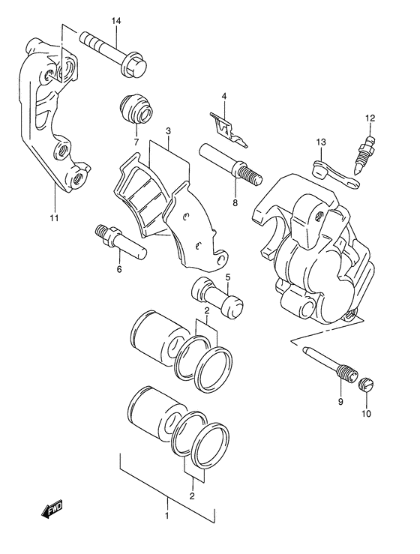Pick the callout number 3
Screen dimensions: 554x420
(x=168, y=130)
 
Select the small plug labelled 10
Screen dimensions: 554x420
(x=367, y=385)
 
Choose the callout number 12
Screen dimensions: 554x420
(x=369, y=118)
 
